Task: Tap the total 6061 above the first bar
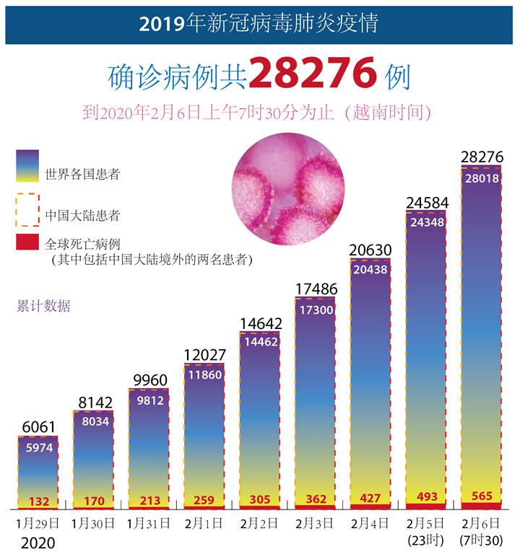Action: (38, 427)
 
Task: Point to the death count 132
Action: (38, 501)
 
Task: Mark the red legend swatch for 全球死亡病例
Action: (27, 242)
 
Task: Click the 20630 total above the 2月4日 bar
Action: (370, 250)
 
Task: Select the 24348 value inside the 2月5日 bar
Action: (426, 223)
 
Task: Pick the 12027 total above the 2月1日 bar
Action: (204, 355)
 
